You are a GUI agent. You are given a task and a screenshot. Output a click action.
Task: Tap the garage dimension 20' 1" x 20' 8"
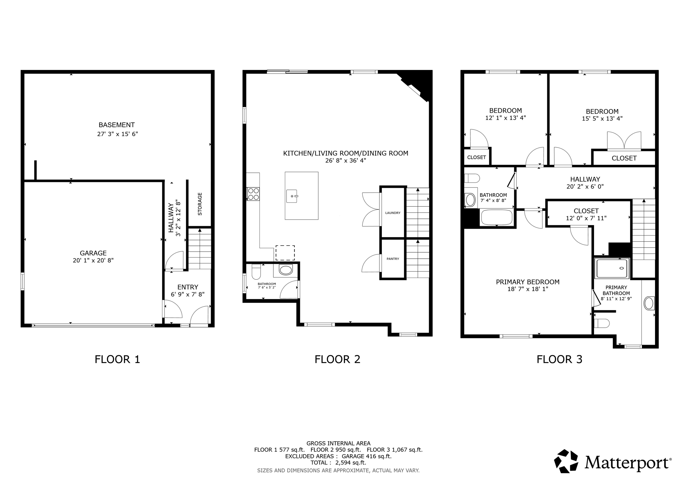[x=93, y=261]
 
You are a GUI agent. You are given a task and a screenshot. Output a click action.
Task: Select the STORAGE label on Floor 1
[x=200, y=204]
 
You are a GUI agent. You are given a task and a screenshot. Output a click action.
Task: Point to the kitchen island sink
[x=292, y=196]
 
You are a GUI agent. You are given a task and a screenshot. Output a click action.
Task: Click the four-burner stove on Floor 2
[x=253, y=194]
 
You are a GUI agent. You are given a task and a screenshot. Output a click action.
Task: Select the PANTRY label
[x=393, y=259]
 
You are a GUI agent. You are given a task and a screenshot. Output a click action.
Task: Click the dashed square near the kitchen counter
[x=285, y=253]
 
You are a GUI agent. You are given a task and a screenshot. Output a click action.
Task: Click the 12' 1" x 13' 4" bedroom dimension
[x=505, y=118]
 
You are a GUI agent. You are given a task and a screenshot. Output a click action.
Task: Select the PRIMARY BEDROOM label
[x=528, y=282]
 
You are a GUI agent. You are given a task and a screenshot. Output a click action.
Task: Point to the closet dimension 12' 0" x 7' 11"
[x=586, y=218]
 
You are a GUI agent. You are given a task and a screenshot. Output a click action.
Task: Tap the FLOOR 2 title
[x=338, y=359]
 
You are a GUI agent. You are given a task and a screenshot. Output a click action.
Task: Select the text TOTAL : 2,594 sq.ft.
[x=338, y=463]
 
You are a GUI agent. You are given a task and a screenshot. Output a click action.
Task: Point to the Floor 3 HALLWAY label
[x=585, y=179]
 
